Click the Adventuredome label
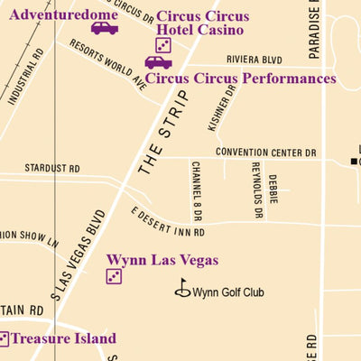(63, 14)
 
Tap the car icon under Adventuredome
(104, 28)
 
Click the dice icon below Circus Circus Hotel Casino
(162, 45)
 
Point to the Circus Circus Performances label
(240, 79)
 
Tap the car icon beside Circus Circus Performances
(158, 62)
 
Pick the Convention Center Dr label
(266, 153)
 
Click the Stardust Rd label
(52, 168)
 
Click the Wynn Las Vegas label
(162, 260)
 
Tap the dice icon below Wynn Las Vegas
(115, 276)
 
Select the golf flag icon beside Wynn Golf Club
(182, 289)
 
